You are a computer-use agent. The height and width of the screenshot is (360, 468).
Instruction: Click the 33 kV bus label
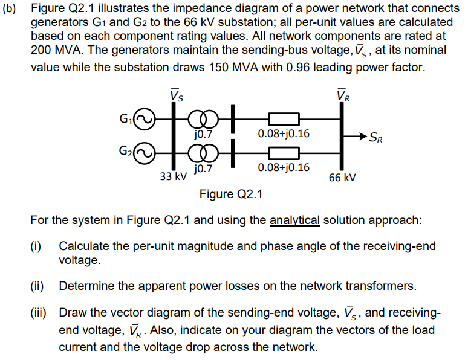tap(173, 177)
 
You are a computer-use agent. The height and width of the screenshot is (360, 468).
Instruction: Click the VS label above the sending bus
tap(177, 95)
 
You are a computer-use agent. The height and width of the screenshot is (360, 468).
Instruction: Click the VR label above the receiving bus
tap(342, 95)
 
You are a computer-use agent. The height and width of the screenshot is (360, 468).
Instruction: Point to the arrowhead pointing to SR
tap(365, 135)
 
